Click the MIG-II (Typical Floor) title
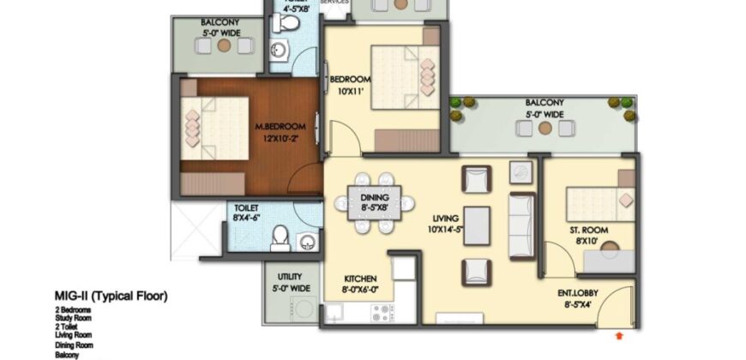coord(111,297)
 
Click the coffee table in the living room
coord(477,225)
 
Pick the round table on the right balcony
coord(544,129)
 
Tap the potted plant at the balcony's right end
coord(621,105)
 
